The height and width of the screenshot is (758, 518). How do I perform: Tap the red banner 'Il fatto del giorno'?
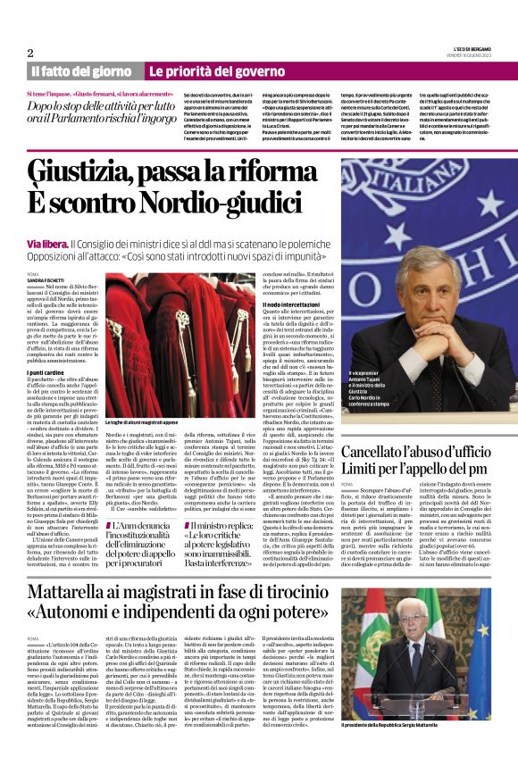coord(82,71)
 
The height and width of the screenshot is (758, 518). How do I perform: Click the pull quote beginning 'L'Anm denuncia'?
coord(146,528)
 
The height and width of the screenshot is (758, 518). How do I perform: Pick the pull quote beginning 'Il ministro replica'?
coord(233,528)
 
